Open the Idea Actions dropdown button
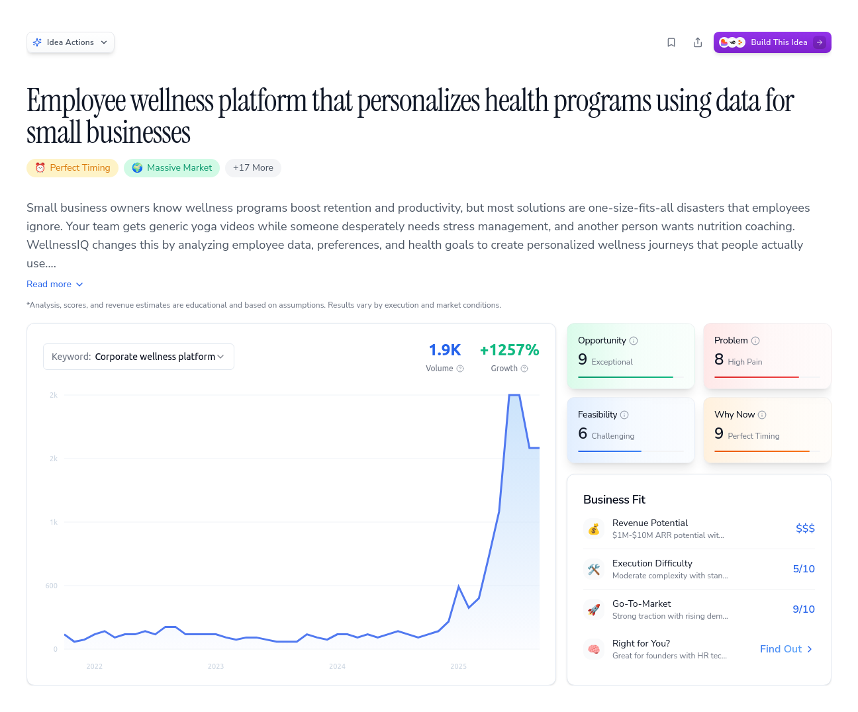70,42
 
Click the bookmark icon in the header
671,42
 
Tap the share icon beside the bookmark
698,42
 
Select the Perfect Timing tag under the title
73,168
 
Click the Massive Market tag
171,168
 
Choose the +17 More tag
253,168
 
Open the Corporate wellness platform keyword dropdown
138,357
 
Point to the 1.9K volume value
444,350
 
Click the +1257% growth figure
509,350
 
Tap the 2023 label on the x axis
216,666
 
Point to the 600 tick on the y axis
52,586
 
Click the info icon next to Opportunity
634,341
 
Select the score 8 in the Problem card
719,359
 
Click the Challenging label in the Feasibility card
612,436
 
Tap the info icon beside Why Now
762,415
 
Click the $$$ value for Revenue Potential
805,528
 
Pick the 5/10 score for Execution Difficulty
804,569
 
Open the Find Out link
786,649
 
